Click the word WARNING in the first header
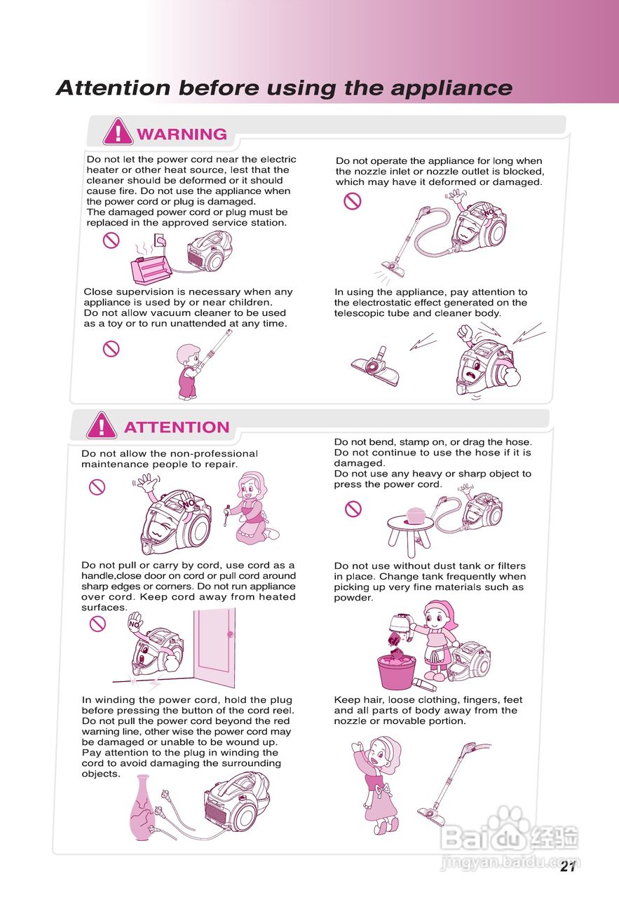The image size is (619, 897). (x=182, y=134)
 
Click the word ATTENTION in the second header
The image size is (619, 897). (x=177, y=427)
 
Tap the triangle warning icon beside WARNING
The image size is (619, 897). (x=118, y=132)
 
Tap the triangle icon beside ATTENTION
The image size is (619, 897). (x=102, y=425)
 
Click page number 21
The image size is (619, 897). (x=568, y=866)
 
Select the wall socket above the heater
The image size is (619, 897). (x=160, y=240)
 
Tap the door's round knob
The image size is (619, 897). (x=230, y=634)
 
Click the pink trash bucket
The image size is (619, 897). (x=396, y=669)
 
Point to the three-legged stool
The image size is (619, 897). (x=410, y=535)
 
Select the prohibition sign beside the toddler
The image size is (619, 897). (x=111, y=349)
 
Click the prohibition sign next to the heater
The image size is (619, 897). (x=111, y=240)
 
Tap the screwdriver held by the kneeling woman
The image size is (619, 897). (x=226, y=515)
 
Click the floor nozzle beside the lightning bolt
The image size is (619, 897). (x=376, y=367)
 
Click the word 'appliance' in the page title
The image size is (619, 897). (x=451, y=88)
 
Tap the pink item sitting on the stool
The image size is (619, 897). (x=416, y=515)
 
